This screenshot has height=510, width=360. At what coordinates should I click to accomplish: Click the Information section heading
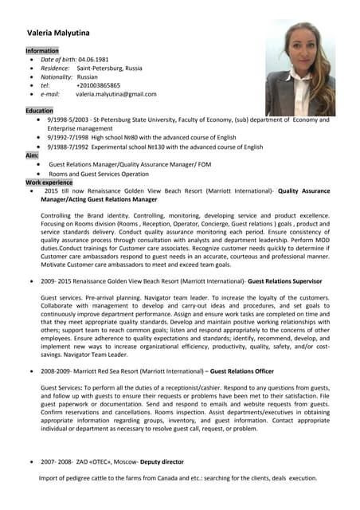43,50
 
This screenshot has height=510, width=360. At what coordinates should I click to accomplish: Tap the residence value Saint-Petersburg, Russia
109,69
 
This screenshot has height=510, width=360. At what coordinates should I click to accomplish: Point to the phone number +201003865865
98,85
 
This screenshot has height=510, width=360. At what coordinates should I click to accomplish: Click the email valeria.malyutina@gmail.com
116,94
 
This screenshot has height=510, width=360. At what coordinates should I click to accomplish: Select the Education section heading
39,111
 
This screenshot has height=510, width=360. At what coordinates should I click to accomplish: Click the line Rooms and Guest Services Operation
99,173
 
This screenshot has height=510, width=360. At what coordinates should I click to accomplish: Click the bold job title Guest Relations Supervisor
285,281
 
